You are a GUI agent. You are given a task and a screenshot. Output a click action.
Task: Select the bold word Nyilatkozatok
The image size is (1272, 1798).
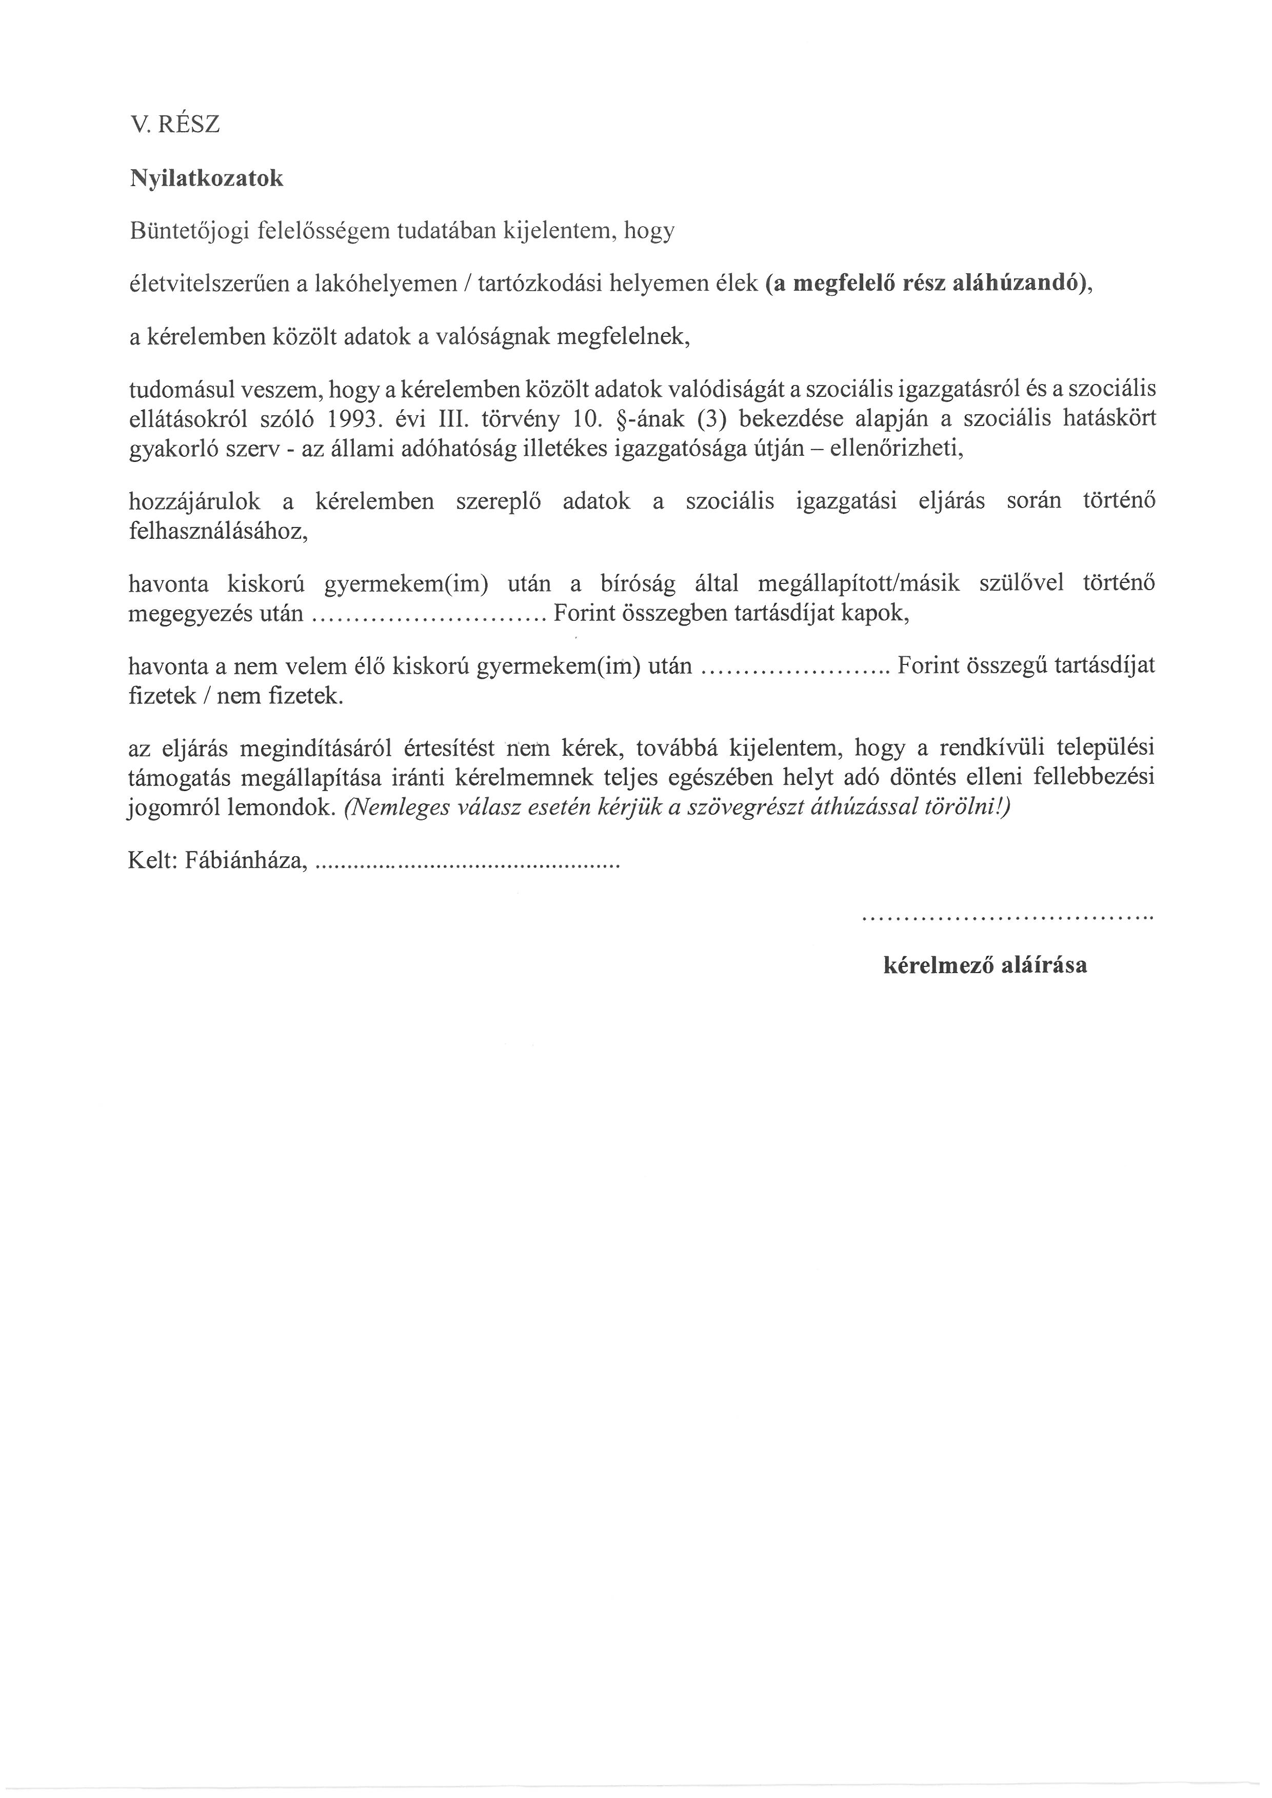click(206, 178)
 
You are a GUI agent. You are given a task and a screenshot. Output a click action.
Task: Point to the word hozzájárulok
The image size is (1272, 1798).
click(194, 502)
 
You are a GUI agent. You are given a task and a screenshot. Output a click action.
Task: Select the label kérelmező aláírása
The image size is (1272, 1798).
click(985, 965)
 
